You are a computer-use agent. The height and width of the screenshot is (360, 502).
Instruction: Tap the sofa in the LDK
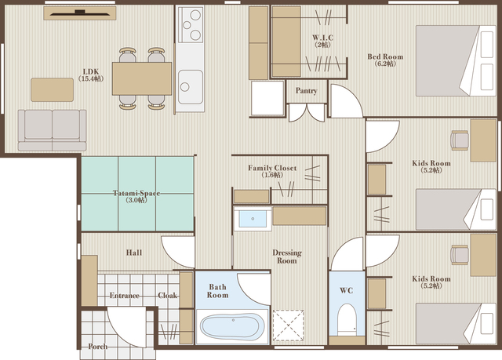tap(53, 130)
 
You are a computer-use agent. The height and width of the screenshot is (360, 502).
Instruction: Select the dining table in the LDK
tap(142, 78)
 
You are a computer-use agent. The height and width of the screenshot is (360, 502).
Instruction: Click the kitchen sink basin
tap(191, 87)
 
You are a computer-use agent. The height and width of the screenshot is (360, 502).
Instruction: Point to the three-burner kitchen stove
tap(191, 24)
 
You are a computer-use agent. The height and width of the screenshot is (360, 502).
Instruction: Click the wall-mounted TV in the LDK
tap(80, 13)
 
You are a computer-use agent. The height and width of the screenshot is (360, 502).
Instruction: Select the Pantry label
tap(307, 90)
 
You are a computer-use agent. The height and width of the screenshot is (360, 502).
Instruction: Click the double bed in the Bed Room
tap(456, 61)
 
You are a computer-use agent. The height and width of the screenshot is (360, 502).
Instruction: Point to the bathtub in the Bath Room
tap(232, 326)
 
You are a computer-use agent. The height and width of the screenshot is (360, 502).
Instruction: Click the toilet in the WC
tap(347, 319)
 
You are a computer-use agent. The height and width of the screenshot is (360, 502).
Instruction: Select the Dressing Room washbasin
tap(253, 219)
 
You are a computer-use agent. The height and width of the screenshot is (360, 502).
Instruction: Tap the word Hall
tap(134, 253)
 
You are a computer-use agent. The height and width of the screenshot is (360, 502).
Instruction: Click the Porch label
tap(97, 347)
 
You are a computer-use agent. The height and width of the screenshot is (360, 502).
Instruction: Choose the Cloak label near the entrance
tap(167, 296)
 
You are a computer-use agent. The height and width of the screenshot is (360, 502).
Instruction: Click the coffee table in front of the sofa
tap(53, 90)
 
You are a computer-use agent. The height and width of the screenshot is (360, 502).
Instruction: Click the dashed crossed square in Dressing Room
tap(288, 325)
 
